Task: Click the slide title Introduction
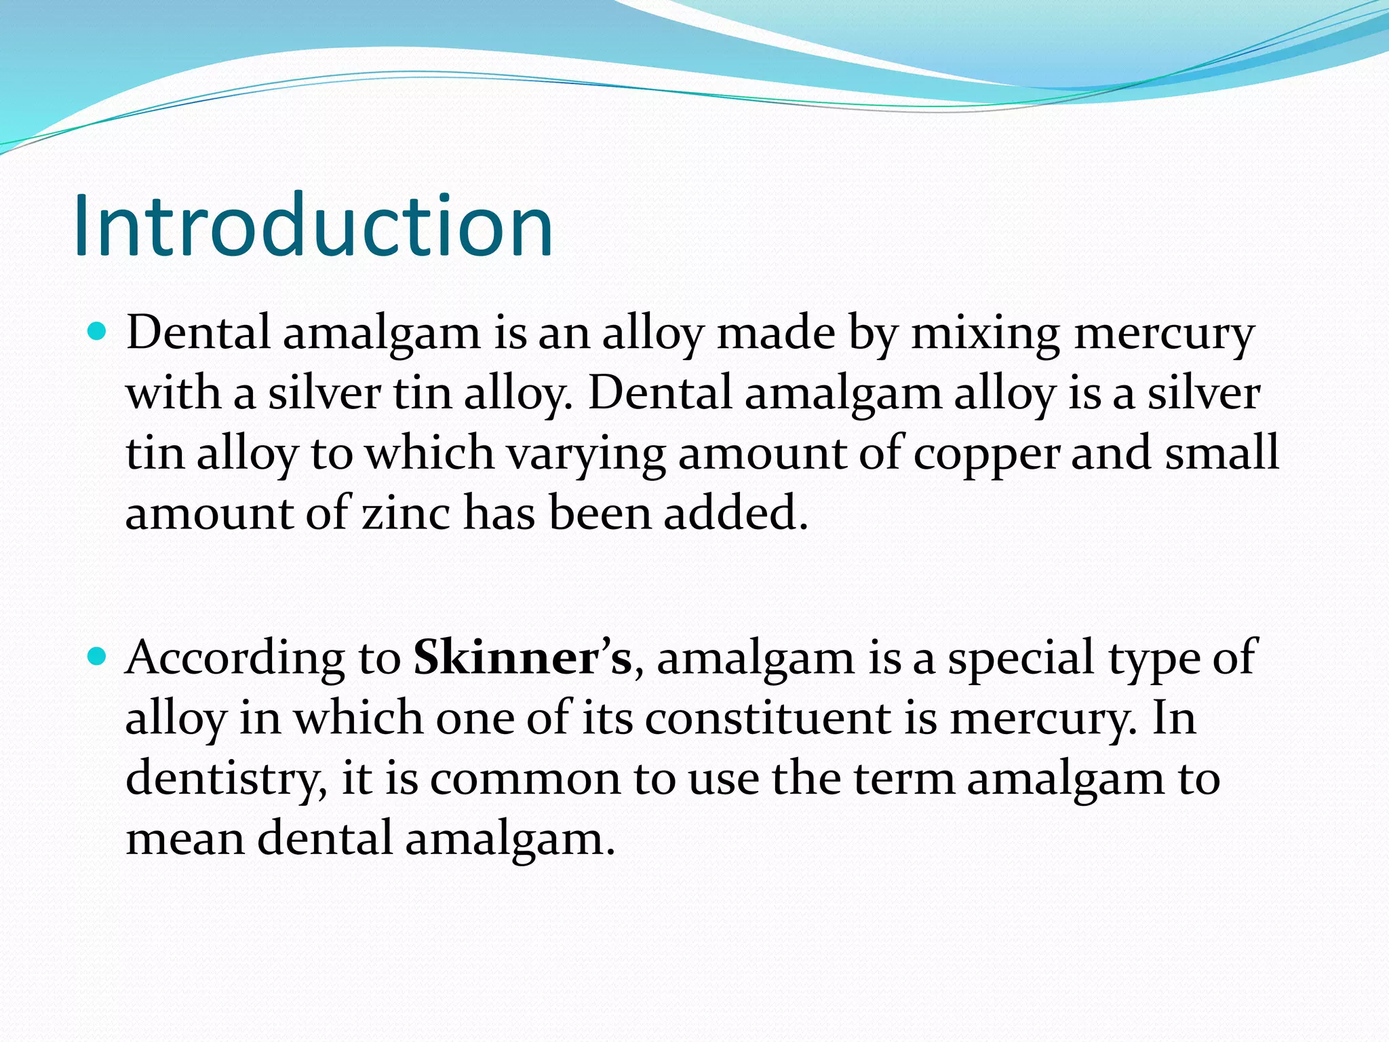tap(313, 226)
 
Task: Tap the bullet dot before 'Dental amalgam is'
tap(98, 332)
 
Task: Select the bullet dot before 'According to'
tap(98, 656)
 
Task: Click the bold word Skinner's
tap(522, 657)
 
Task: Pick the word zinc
tap(406, 513)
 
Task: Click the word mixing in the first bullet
tap(985, 335)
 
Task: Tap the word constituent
tap(768, 718)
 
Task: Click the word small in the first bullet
tap(1221, 452)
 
